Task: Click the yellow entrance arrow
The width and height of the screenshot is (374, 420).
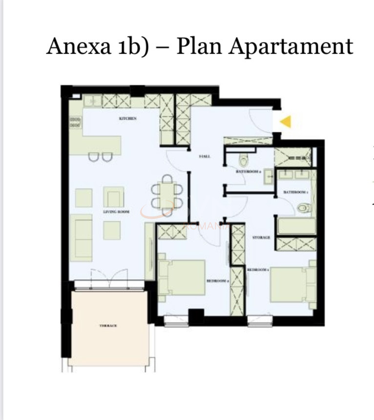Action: pyautogui.click(x=285, y=121)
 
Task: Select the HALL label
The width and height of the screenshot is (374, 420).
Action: pyautogui.click(x=205, y=156)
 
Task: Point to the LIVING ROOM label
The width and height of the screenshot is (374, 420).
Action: pyautogui.click(x=116, y=211)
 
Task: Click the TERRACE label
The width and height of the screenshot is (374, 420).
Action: pyautogui.click(x=108, y=325)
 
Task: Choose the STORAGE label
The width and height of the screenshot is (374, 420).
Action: pyautogui.click(x=261, y=237)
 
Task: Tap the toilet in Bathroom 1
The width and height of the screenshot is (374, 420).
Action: pyautogui.click(x=304, y=209)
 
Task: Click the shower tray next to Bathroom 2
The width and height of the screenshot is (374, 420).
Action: pyautogui.click(x=292, y=156)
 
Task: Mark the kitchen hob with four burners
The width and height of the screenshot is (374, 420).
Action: pyautogui.click(x=75, y=122)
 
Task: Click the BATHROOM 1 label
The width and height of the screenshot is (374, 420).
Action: pyautogui.click(x=295, y=192)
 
